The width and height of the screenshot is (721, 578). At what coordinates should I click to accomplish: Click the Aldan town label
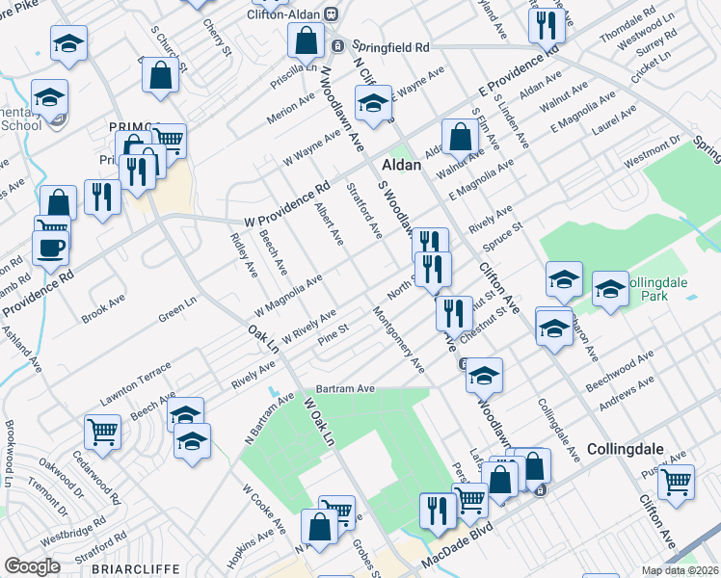pos(402,165)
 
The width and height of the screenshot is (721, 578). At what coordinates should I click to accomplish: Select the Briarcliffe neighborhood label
pos(132,569)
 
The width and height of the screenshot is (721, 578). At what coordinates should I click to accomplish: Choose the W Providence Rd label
pos(287,206)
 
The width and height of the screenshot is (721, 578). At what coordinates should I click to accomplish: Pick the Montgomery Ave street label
pos(398,340)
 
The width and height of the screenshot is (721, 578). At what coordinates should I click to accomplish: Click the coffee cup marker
pos(49,247)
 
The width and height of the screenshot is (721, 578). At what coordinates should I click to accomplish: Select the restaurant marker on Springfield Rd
pos(546,24)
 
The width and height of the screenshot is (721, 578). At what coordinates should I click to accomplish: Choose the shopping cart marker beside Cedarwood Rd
pos(102,432)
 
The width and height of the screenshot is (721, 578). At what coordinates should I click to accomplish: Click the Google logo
pos(33,566)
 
